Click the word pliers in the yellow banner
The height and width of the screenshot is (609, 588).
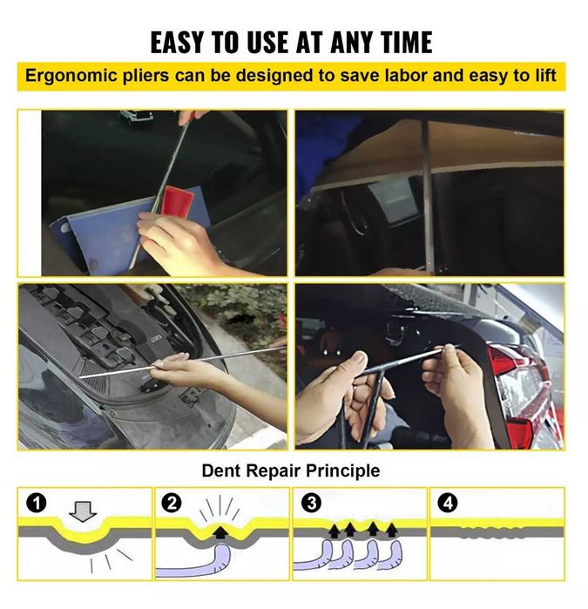click(145, 76)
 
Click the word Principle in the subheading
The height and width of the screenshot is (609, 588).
click(343, 471)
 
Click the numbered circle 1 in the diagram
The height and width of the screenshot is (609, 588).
click(36, 504)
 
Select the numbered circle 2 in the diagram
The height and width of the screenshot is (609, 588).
click(172, 504)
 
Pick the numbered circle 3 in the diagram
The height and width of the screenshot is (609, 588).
click(312, 504)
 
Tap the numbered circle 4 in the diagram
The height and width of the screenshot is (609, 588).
click(448, 504)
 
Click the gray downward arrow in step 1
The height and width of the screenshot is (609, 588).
click(83, 511)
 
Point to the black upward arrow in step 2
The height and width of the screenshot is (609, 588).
click(220, 531)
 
